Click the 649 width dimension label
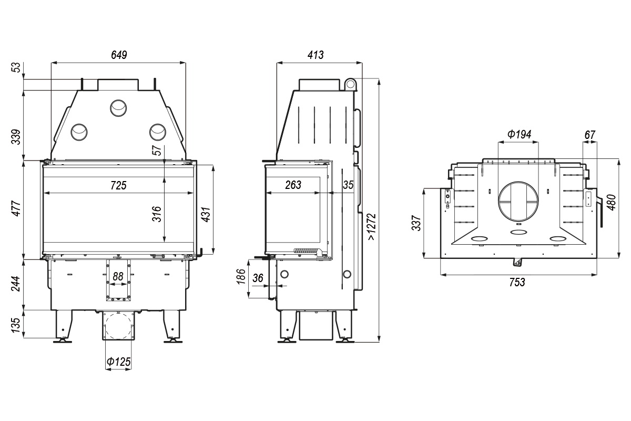click(x=119, y=55)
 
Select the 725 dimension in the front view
click(x=118, y=185)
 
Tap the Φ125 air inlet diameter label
click(x=119, y=362)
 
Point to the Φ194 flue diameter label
click(x=519, y=134)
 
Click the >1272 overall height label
click(x=372, y=227)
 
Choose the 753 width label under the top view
click(x=517, y=282)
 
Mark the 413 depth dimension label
click(x=315, y=55)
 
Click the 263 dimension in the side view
click(x=293, y=185)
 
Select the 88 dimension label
click(x=118, y=276)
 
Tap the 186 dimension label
click(x=241, y=277)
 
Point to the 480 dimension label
click(x=612, y=202)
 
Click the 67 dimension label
click(x=589, y=135)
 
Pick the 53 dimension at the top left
click(x=17, y=67)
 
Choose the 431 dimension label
click(x=206, y=214)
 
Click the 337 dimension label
click(x=416, y=223)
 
